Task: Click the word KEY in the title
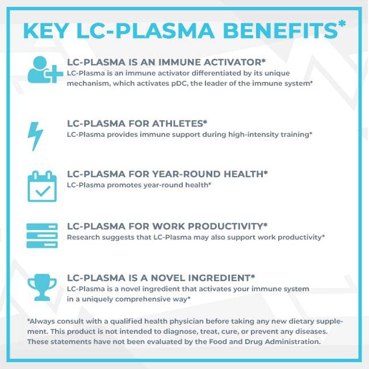pyautogui.click(x=46, y=31)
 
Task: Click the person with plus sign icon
pyautogui.click(x=45, y=70)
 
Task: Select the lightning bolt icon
pyautogui.click(x=35, y=136)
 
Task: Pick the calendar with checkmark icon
pyautogui.click(x=42, y=186)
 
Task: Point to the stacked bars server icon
pyautogui.click(x=42, y=236)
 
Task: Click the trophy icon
pyautogui.click(x=42, y=287)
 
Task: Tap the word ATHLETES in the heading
pyautogui.click(x=178, y=124)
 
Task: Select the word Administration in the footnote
pyautogui.click(x=293, y=342)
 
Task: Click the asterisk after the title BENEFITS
pyautogui.click(x=342, y=24)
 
